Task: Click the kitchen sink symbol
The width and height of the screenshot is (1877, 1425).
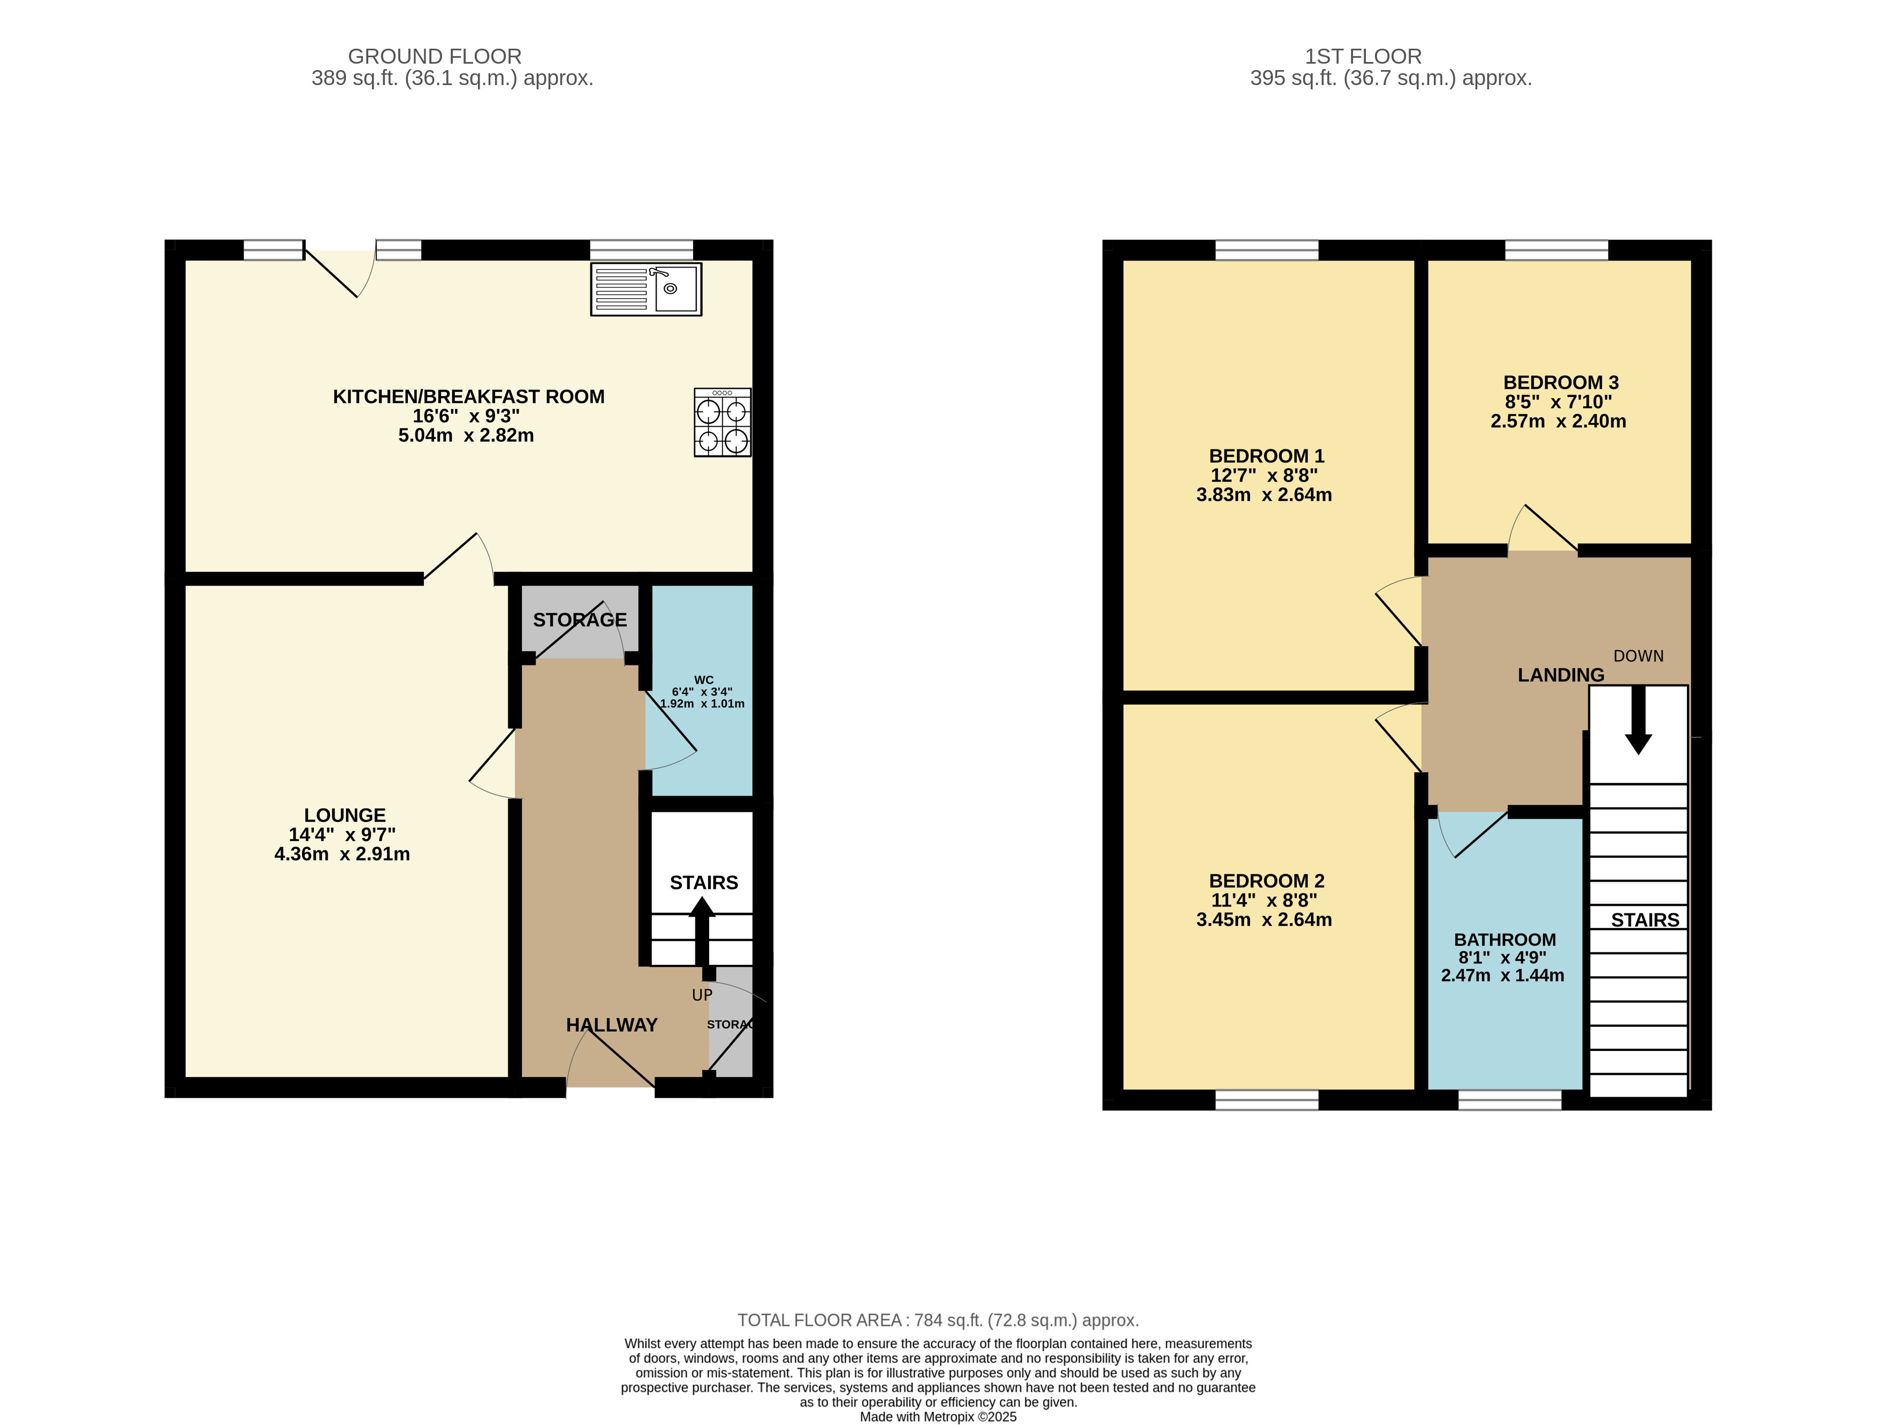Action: (x=646, y=289)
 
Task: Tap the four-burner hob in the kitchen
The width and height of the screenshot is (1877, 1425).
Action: (x=722, y=422)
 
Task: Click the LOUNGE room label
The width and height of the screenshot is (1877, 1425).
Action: (x=345, y=815)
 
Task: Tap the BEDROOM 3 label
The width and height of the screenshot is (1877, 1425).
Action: (x=1561, y=383)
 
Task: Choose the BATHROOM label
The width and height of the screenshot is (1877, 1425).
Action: (x=1504, y=940)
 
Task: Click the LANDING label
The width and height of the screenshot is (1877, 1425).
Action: (x=1561, y=675)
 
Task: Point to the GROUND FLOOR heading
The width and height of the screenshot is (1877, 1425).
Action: (x=435, y=57)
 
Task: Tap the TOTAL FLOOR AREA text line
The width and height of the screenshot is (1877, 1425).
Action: (x=938, y=1321)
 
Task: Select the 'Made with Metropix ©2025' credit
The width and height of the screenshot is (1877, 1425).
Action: (x=938, y=1416)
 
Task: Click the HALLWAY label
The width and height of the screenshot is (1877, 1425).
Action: (x=612, y=1025)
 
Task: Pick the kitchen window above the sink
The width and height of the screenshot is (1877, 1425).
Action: (x=642, y=250)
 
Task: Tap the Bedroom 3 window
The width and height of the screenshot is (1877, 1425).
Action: (x=1556, y=250)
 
